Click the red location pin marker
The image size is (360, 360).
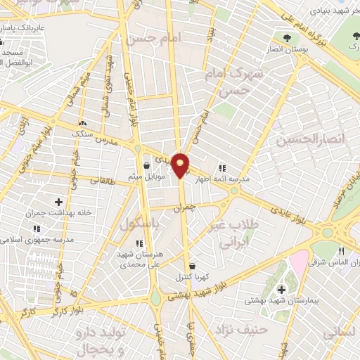point(181,165)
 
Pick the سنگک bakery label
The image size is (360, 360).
point(84,132)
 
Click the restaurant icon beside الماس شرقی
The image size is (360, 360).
point(341,251)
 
